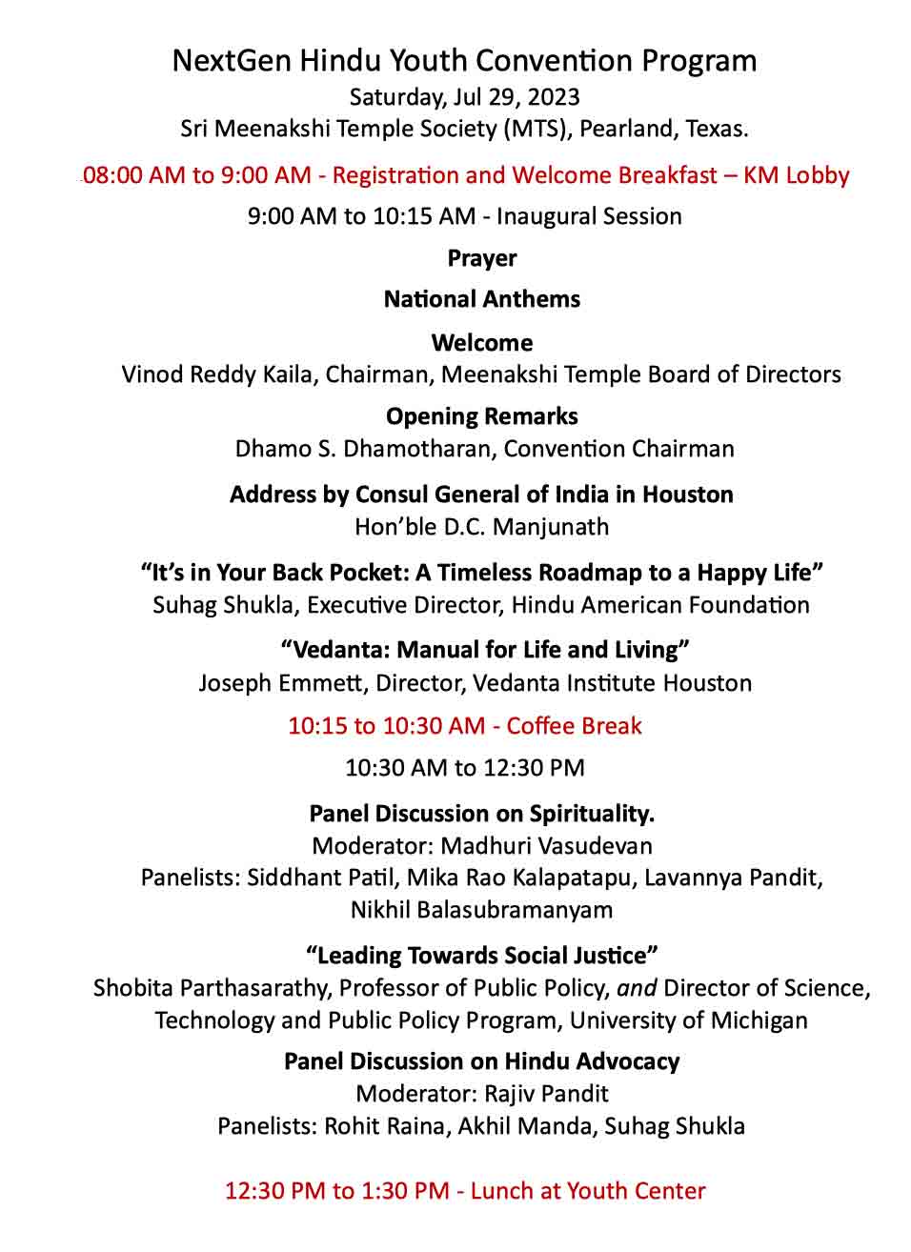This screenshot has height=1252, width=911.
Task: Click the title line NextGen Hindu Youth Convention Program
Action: (464, 61)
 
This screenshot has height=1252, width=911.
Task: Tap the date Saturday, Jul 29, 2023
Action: (464, 97)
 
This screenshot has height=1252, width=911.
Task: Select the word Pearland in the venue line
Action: (630, 129)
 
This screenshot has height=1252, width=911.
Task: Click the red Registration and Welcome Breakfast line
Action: (466, 175)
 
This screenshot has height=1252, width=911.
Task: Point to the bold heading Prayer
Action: (482, 258)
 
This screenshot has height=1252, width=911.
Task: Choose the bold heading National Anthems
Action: (482, 299)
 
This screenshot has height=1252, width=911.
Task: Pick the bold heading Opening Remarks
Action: (482, 416)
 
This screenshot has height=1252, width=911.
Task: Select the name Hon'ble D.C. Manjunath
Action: (482, 527)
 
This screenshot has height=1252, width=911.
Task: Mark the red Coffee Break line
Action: (465, 726)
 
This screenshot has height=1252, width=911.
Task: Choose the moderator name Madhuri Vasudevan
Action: (547, 846)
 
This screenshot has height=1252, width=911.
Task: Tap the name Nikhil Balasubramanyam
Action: (482, 910)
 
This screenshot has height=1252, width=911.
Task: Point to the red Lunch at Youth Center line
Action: (465, 1191)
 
